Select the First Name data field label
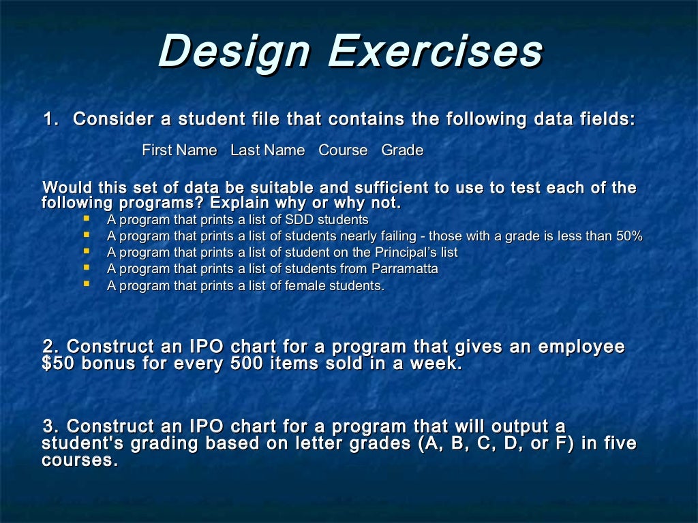tap(179, 150)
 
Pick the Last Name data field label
tap(267, 150)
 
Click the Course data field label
tap(343, 150)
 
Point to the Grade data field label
tap(402, 150)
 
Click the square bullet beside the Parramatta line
tap(87, 268)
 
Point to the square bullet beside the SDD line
tap(87, 219)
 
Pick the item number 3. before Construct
tap(52, 427)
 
